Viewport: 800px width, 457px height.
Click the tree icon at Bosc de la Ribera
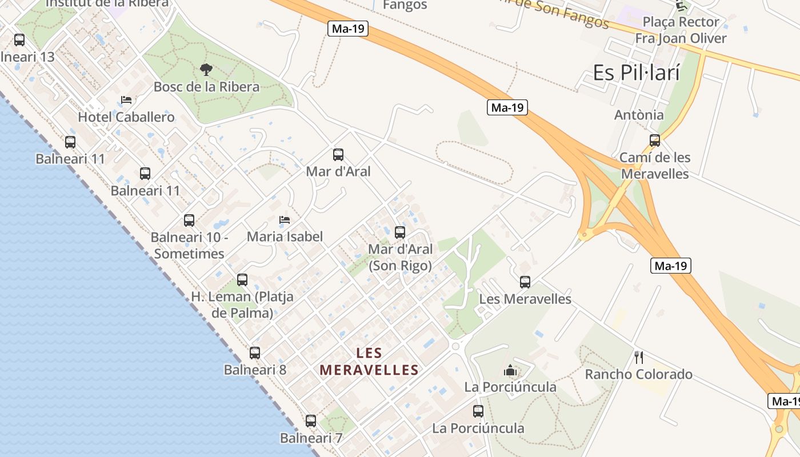point(206,70)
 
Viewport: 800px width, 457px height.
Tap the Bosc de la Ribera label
point(206,87)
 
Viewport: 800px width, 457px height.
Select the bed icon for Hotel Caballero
point(126,100)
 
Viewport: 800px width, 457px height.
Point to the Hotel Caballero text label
point(126,117)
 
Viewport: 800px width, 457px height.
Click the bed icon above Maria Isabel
point(284,219)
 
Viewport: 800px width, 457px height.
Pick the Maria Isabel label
point(285,236)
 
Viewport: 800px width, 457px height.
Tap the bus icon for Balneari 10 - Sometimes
point(189,220)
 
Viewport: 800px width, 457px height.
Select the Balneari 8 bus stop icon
point(255,353)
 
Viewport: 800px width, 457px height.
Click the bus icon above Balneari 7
point(311,421)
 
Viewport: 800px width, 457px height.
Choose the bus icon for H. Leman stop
point(242,280)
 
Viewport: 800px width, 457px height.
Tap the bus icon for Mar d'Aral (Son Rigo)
point(400,232)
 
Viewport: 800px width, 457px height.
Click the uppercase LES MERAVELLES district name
point(369,362)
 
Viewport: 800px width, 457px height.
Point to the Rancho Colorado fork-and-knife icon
point(639,358)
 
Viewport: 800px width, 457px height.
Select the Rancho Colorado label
point(639,375)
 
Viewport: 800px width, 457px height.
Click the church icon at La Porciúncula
point(510,371)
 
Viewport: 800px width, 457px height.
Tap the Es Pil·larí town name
point(637,73)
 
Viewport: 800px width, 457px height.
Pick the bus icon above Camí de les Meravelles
point(655,140)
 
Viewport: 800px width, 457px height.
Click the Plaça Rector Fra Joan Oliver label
point(681,30)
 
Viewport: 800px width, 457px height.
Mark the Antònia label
point(639,115)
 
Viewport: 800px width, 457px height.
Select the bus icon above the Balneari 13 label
point(19,40)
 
